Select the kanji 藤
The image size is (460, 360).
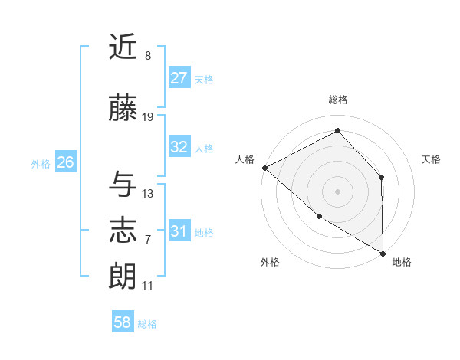pyautogui.click(x=123, y=110)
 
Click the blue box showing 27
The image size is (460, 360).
pyautogui.click(x=179, y=78)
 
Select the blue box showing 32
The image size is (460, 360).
pyautogui.click(x=179, y=147)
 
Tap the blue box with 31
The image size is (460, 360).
pyautogui.click(x=179, y=231)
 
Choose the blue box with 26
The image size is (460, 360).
pyautogui.click(x=65, y=162)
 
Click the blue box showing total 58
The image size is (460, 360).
pyautogui.click(x=123, y=322)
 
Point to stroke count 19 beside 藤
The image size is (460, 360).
pyautogui.click(x=148, y=117)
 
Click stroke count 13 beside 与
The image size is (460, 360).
pyautogui.click(x=148, y=193)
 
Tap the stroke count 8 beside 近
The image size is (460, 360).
pyautogui.click(x=148, y=56)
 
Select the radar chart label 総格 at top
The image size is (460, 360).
pyautogui.click(x=337, y=100)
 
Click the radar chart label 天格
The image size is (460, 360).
pyautogui.click(x=431, y=159)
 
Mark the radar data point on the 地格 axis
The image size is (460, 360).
pyautogui.click(x=383, y=253)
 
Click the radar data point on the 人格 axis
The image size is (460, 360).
pyautogui.click(x=264, y=168)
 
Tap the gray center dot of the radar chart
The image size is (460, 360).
pyautogui.click(x=337, y=191)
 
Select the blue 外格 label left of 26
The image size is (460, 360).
pyautogui.click(x=40, y=163)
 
